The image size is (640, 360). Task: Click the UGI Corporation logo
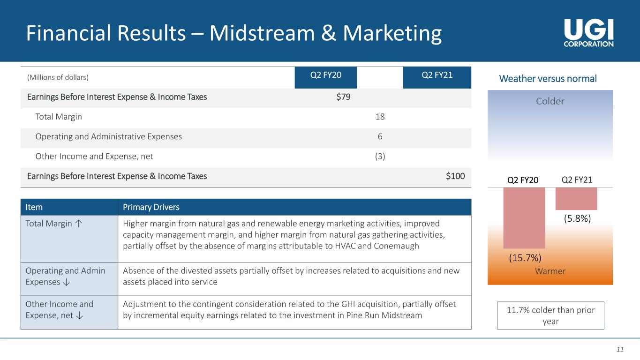[x=588, y=33]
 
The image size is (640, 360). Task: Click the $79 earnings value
[x=343, y=97]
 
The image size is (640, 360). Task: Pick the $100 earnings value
[x=455, y=176]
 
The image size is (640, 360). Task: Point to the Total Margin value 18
[x=380, y=117]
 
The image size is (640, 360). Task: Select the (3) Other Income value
[x=380, y=156]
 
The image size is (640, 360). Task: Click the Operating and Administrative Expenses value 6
[x=380, y=136]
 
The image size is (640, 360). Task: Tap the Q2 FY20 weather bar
[x=524, y=218]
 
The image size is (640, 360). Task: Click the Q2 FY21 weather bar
[x=576, y=199]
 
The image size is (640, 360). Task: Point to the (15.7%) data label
[x=525, y=258]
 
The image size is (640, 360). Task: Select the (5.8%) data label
[x=577, y=218]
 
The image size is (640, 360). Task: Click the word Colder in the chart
[x=550, y=101]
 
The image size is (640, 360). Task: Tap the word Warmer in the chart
[x=550, y=271]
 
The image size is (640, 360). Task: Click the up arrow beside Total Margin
[x=79, y=223]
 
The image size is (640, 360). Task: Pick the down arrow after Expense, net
[x=79, y=315]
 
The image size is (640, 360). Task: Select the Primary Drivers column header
[x=151, y=207]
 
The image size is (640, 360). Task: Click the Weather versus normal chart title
[x=548, y=79]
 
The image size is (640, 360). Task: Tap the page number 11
[x=620, y=349]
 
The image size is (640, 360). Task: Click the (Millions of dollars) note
[x=58, y=77]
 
